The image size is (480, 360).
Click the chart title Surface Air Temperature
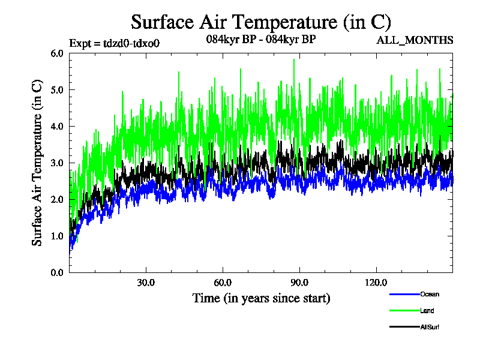click(x=261, y=22)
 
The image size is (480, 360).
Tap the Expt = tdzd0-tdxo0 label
click(x=115, y=43)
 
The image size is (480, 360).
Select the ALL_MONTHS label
click(x=414, y=40)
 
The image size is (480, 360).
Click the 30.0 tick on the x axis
click(x=146, y=283)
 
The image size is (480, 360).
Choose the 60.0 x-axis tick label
click(x=223, y=283)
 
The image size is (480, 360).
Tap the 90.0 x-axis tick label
click(x=299, y=283)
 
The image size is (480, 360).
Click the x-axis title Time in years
click(x=261, y=298)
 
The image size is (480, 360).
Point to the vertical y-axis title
click(x=37, y=163)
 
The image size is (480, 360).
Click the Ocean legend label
click(x=430, y=294)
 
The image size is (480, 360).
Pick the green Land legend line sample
click(x=404, y=311)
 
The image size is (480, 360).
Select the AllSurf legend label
click(x=431, y=327)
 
